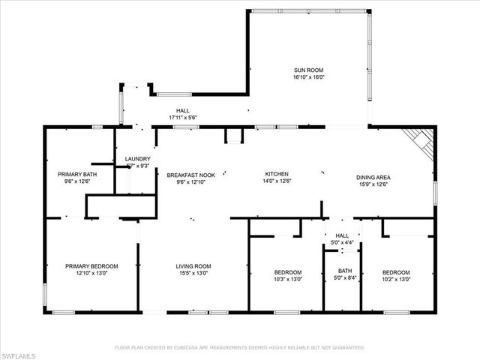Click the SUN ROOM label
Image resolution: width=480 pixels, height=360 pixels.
click(308, 70)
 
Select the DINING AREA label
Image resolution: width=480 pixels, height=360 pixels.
click(373, 177)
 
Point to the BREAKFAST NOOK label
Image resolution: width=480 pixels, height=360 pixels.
click(190, 175)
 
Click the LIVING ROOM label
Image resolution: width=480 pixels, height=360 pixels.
click(193, 266)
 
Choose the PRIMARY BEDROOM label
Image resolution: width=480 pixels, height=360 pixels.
click(91, 266)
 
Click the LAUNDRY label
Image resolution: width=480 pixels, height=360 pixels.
click(137, 158)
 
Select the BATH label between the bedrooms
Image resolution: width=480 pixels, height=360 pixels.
click(345, 271)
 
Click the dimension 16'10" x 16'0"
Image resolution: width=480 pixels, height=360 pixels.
click(308, 76)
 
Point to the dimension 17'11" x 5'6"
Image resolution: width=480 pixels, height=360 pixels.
click(182, 118)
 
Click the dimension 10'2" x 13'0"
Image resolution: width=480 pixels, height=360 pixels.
click(396, 279)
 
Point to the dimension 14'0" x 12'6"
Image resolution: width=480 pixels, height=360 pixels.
click(276, 180)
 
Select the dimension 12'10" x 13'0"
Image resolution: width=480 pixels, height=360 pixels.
click(91, 273)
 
